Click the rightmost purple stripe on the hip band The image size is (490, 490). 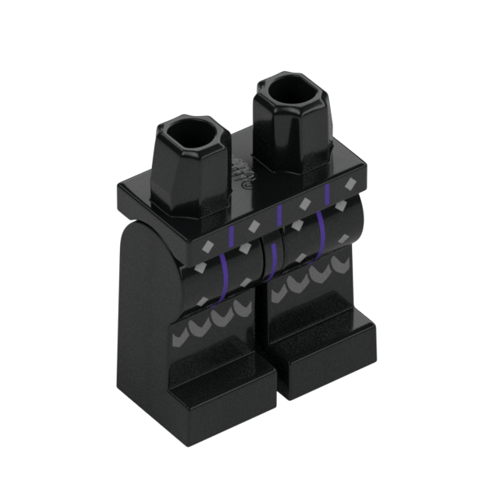click(x=327, y=194)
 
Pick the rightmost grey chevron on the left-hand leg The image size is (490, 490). click(x=243, y=307)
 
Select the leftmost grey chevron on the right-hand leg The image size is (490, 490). click(x=278, y=292)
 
